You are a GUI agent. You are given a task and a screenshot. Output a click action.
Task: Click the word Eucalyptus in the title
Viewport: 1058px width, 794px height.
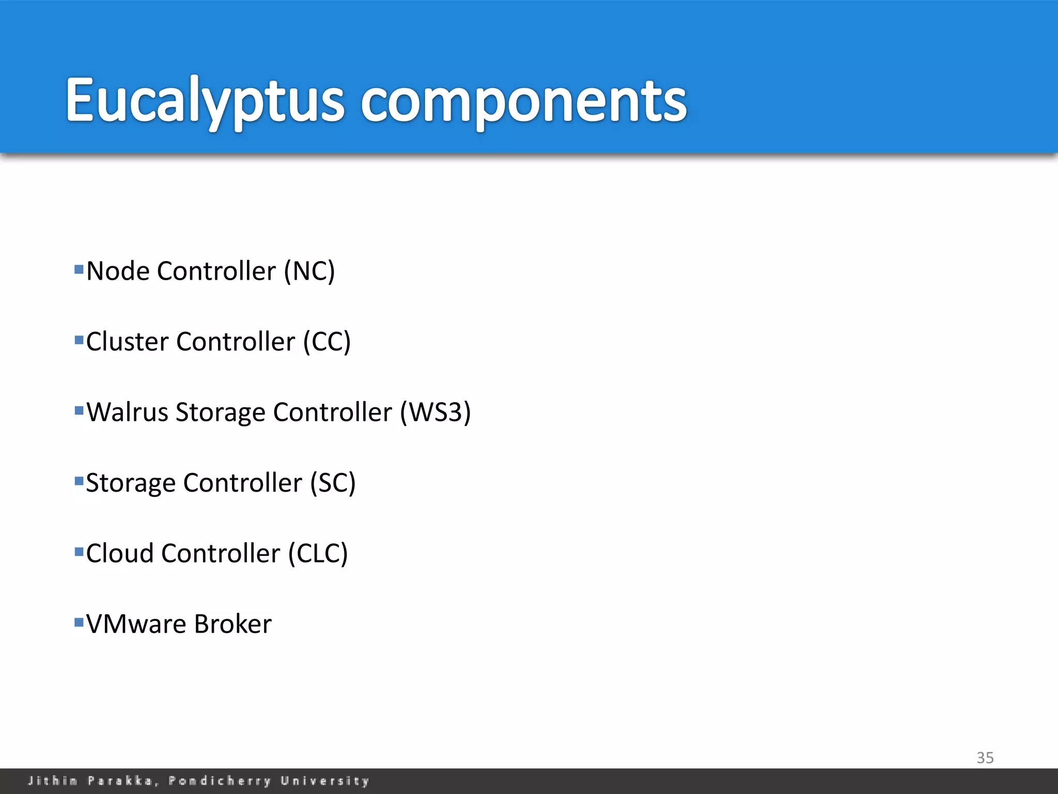tap(204, 101)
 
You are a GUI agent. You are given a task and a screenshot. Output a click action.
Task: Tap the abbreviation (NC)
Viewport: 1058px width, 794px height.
tap(309, 271)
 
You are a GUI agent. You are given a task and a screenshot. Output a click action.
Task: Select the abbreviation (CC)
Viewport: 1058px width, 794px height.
tap(327, 342)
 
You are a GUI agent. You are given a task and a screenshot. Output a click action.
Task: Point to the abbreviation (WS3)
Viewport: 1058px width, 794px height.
tap(435, 413)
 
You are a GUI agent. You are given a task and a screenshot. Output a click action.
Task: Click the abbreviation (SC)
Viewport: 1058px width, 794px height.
tap(333, 483)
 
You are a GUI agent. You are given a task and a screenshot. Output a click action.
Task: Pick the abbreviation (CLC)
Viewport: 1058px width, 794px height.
tap(318, 554)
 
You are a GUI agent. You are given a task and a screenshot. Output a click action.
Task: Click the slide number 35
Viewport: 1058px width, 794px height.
tap(985, 758)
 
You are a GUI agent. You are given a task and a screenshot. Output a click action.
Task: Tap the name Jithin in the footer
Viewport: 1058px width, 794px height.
tap(53, 781)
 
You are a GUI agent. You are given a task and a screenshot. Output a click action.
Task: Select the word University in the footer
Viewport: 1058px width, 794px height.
tap(325, 781)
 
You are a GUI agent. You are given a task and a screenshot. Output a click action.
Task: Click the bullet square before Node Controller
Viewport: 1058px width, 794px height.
tap(79, 269)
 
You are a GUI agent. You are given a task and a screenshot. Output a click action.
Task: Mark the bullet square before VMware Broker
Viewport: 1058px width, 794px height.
tap(79, 622)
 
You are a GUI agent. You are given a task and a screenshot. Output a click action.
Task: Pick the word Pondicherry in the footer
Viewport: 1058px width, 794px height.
tap(220, 781)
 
